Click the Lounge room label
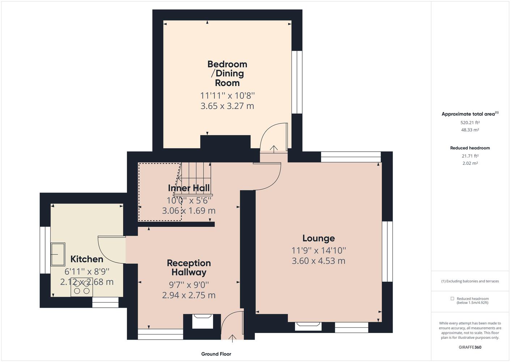click(319, 238)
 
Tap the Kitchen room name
click(87, 259)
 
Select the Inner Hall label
click(189, 188)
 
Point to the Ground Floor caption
click(216, 354)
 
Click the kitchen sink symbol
click(58, 254)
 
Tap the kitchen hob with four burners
click(82, 287)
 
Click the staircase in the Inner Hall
click(193, 179)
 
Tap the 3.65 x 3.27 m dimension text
click(227, 106)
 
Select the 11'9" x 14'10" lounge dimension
click(319, 251)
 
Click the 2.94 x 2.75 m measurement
click(189, 295)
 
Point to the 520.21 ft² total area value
click(470, 122)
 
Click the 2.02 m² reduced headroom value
click(470, 163)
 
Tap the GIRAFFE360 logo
click(470, 347)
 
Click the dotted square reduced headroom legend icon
click(452, 299)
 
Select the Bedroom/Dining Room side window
click(297, 82)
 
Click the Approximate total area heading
click(470, 114)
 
